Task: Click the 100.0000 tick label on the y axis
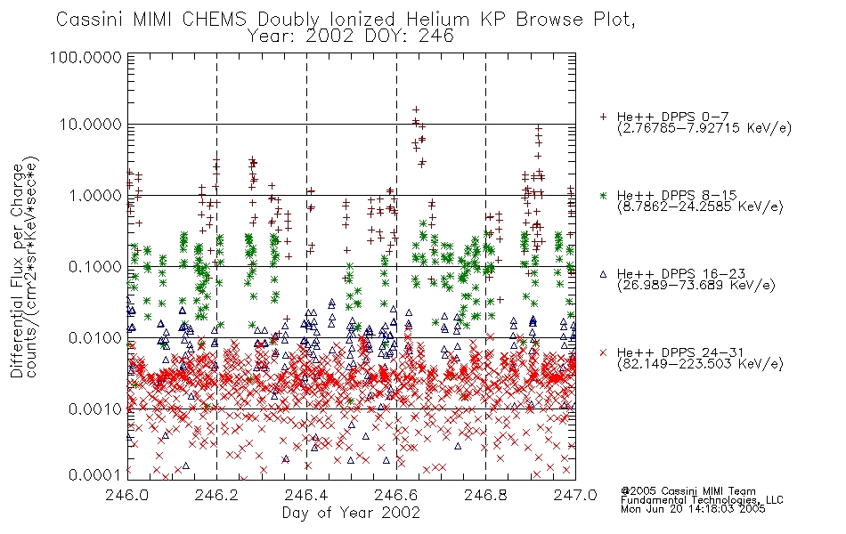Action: [x=86, y=57]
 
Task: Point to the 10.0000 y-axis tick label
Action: [x=91, y=125]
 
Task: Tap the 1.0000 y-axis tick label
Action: [x=95, y=195]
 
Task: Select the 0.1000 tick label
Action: [x=95, y=266]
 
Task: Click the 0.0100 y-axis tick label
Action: [x=95, y=338]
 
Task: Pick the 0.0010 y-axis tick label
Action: [x=95, y=409]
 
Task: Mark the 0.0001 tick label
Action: [x=95, y=474]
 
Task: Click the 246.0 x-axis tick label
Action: [x=126, y=495]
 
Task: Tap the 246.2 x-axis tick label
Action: [x=216, y=495]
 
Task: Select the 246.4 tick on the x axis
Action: [x=306, y=495]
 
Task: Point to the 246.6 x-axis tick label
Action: [x=396, y=495]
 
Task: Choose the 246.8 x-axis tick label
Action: [x=485, y=495]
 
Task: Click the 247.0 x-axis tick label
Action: [x=575, y=495]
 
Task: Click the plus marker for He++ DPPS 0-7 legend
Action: [x=603, y=117]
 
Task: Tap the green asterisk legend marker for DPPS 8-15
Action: [x=603, y=195]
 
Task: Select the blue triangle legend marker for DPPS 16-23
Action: [x=603, y=274]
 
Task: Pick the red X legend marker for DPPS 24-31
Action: [x=603, y=352]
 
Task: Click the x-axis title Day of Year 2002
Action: [x=351, y=513]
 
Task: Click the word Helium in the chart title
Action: [x=437, y=20]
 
